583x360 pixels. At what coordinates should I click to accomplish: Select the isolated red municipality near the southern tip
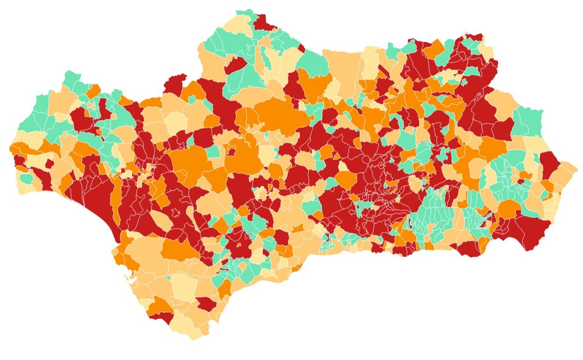pyautogui.click(x=206, y=303)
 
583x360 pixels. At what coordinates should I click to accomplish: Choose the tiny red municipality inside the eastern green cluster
pyautogui.click(x=518, y=180)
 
